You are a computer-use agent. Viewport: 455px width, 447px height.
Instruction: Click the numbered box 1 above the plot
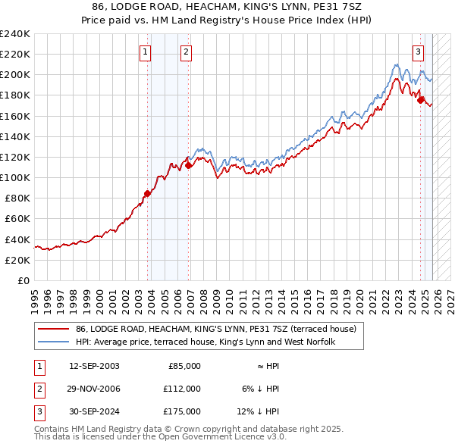tap(145, 52)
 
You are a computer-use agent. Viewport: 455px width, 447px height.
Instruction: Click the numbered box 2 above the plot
tap(186, 52)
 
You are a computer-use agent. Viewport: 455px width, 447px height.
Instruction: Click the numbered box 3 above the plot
tap(418, 52)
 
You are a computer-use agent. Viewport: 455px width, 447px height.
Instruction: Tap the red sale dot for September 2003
tap(148, 193)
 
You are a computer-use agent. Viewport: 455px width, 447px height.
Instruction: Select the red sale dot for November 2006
tap(189, 165)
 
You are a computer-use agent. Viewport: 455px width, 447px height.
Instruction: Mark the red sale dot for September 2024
tap(420, 99)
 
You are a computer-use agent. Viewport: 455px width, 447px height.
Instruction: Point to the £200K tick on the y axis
tap(17, 75)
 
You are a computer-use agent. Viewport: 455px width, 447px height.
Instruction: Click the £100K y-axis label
tap(17, 177)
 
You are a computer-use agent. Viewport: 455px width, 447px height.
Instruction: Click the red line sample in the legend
tap(53, 330)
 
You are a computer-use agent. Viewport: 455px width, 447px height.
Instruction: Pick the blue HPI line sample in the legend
tap(53, 342)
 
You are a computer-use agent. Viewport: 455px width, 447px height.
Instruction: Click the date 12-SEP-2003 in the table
tap(94, 365)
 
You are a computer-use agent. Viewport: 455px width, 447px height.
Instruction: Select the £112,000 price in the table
tap(182, 389)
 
